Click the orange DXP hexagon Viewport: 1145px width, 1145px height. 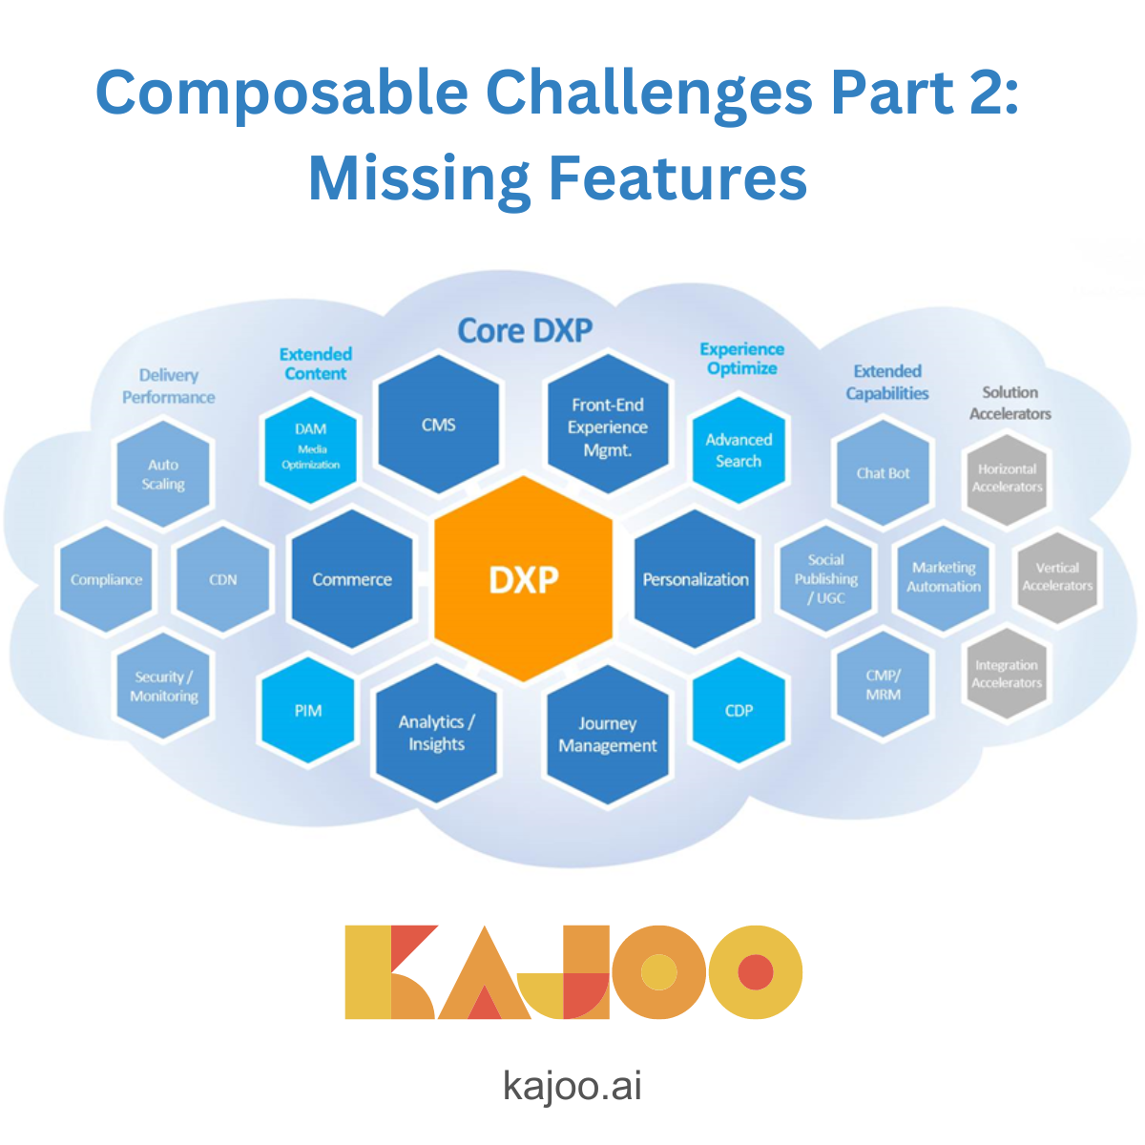coord(523,579)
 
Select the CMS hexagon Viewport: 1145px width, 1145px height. coord(439,425)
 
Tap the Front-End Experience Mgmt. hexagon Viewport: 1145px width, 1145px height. coord(607,427)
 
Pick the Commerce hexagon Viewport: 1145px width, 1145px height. coord(352,579)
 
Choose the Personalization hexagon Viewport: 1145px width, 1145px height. coord(696,579)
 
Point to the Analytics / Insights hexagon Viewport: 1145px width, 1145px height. coord(436,733)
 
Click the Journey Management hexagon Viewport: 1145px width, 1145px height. coord(608,735)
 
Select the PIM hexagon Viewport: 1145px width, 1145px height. coord(307,711)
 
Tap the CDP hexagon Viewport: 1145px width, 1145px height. coord(739,711)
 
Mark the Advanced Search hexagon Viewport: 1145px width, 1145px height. coord(739,450)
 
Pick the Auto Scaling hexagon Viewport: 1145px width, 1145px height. coord(163,474)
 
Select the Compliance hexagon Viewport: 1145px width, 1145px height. coord(106,579)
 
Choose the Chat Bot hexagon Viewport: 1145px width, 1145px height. coord(883,473)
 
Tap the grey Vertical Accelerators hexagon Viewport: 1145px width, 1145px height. coord(1057,576)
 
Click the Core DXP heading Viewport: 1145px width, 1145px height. coord(525,331)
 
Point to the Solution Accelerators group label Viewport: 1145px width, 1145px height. coord(1010,403)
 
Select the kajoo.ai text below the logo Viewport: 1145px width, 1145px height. coord(572,1086)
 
